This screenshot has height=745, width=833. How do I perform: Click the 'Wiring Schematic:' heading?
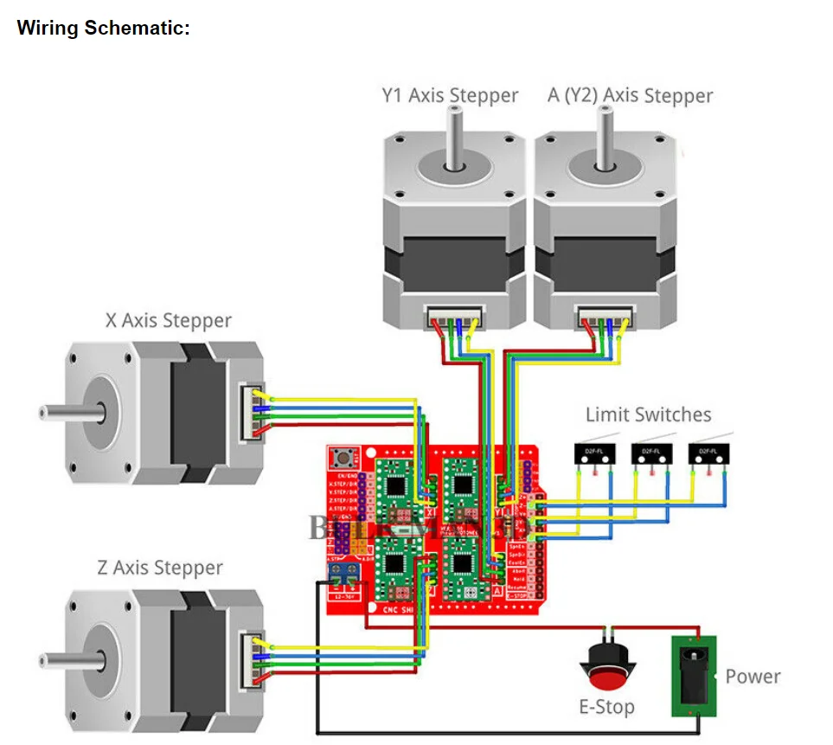click(x=104, y=28)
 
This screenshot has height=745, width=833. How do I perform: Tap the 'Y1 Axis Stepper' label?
click(x=450, y=95)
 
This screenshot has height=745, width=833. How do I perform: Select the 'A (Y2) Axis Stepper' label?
click(x=630, y=95)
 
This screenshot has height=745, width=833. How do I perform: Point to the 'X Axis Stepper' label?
click(x=169, y=320)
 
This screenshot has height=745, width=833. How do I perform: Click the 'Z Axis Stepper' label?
click(x=160, y=568)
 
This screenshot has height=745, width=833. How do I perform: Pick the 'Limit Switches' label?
click(x=648, y=414)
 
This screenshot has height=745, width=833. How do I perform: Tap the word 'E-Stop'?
click(x=606, y=707)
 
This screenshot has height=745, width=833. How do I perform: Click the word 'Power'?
click(x=753, y=676)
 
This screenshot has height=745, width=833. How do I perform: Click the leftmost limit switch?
click(x=593, y=453)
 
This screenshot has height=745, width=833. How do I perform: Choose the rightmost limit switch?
click(x=708, y=453)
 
